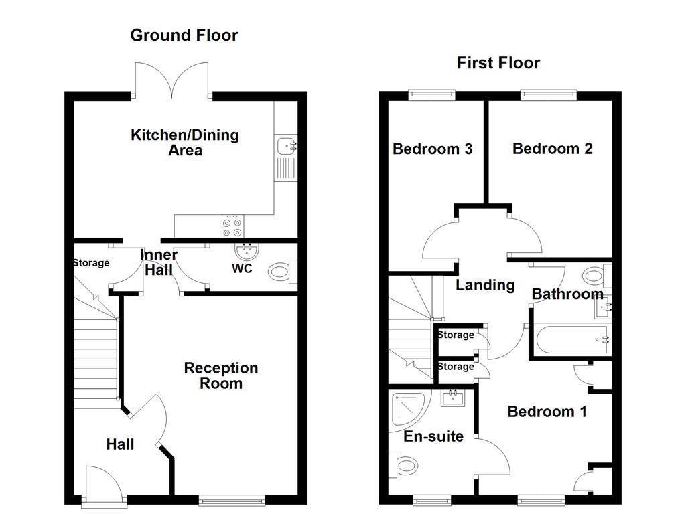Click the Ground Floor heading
(x=184, y=35)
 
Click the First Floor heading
(x=498, y=63)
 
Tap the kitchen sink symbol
(x=286, y=144)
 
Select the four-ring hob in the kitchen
(x=232, y=226)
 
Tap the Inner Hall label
(x=159, y=262)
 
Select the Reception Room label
(x=221, y=375)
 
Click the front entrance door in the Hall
(x=104, y=482)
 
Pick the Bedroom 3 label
(x=432, y=149)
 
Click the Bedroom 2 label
(x=552, y=148)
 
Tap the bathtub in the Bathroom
(x=570, y=339)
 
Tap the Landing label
(x=485, y=286)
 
